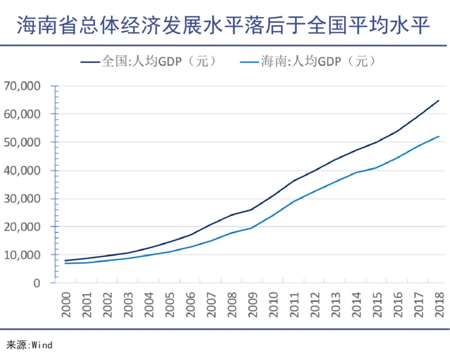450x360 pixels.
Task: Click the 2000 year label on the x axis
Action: coord(66,304)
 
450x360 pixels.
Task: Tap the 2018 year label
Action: coord(438,304)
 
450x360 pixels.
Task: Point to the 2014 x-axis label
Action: coord(355,304)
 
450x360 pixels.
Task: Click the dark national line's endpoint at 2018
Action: coord(438,101)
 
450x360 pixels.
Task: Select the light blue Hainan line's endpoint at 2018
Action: coord(438,136)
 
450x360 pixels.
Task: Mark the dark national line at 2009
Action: coord(251,209)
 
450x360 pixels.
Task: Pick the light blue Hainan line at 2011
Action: coord(293,201)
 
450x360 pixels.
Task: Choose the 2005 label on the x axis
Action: coord(169,304)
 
